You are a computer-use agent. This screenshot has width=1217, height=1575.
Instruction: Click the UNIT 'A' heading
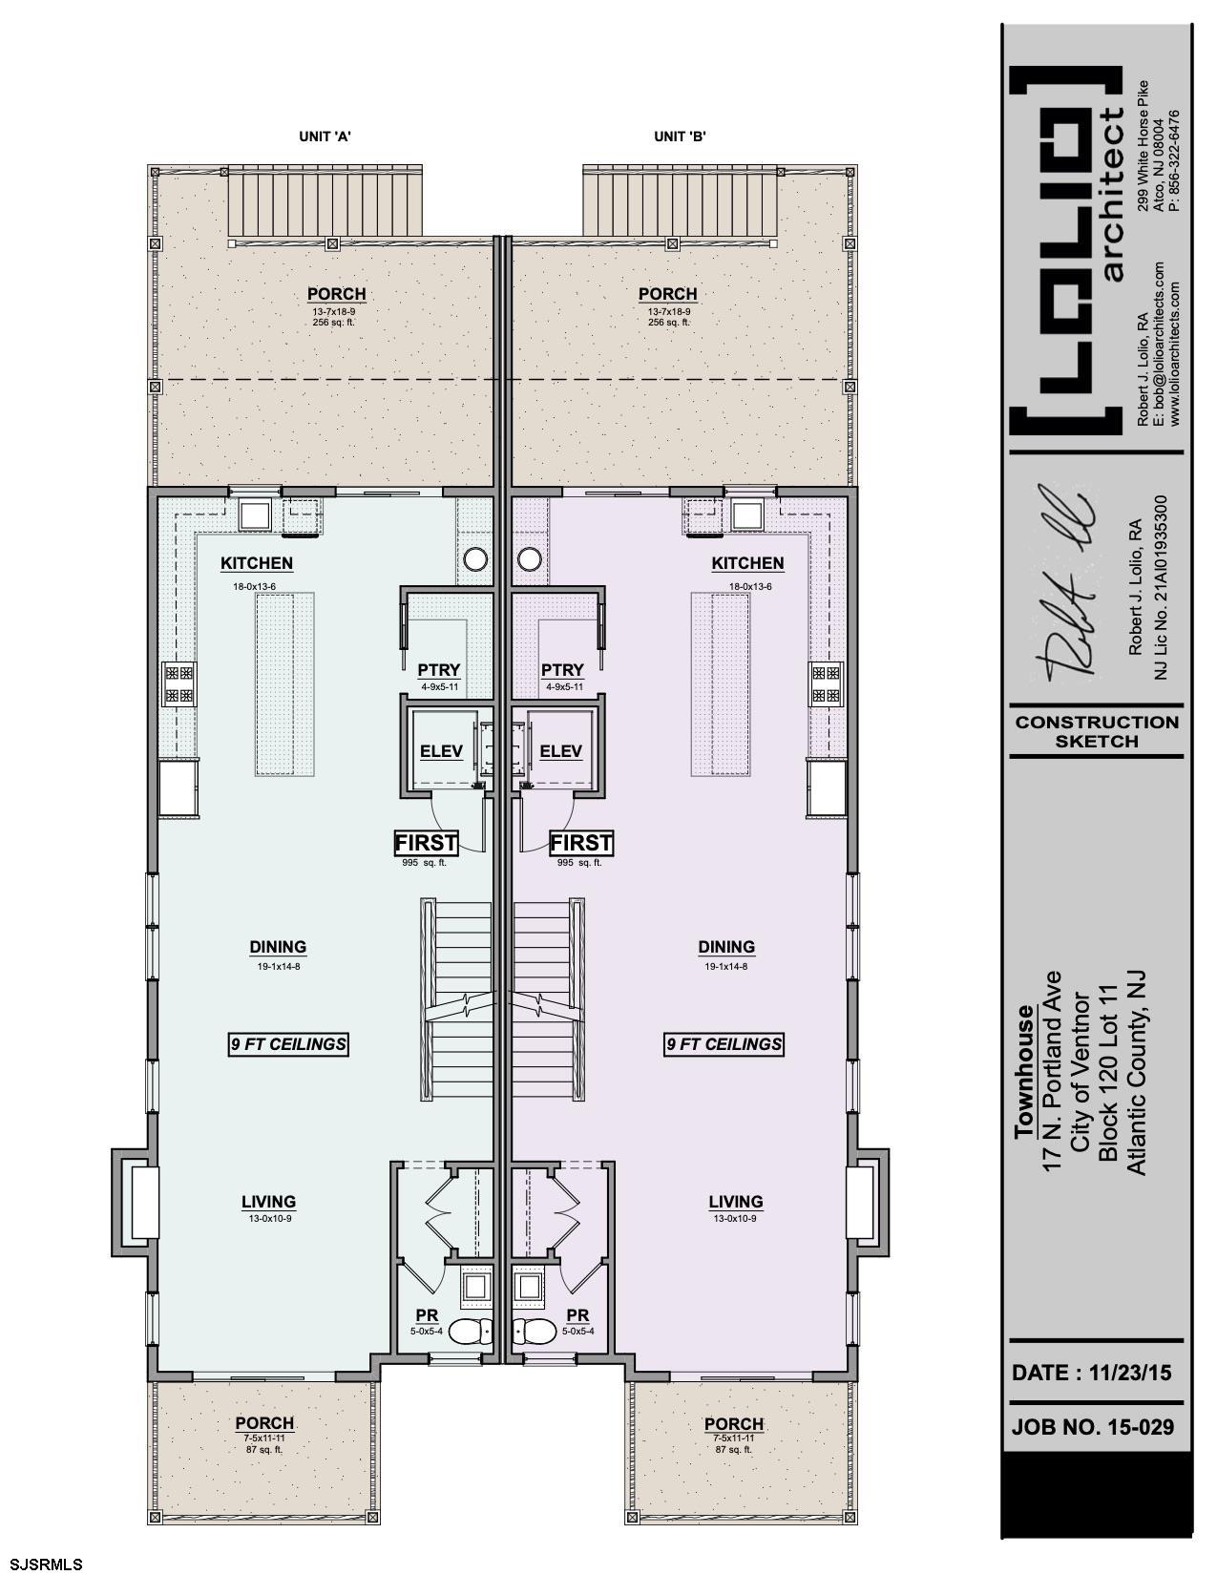tap(325, 136)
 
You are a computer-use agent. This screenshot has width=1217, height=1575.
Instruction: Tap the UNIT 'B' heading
tap(680, 136)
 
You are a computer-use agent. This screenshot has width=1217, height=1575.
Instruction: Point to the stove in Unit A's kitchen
tap(179, 683)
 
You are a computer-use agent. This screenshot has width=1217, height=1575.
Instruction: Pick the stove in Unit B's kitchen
tap(827, 683)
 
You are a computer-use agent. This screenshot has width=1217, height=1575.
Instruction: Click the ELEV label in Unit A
tap(441, 751)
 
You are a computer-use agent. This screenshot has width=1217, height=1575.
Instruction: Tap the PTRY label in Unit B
tap(562, 670)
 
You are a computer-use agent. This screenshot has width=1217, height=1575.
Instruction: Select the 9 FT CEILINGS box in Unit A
tap(288, 1044)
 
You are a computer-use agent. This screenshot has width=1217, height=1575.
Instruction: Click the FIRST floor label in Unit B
tap(581, 843)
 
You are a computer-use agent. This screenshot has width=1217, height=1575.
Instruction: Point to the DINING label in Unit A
tap(278, 947)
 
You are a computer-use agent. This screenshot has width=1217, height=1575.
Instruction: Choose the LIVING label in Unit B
tap(736, 1201)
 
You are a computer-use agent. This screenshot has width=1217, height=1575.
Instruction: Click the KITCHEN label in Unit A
tap(257, 563)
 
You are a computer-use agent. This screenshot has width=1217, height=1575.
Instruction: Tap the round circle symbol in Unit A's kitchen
tap(475, 558)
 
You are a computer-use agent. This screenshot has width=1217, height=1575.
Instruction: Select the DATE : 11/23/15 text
tap(1092, 1373)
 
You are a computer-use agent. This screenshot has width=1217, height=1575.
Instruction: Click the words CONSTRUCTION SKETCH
tap(1097, 731)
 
